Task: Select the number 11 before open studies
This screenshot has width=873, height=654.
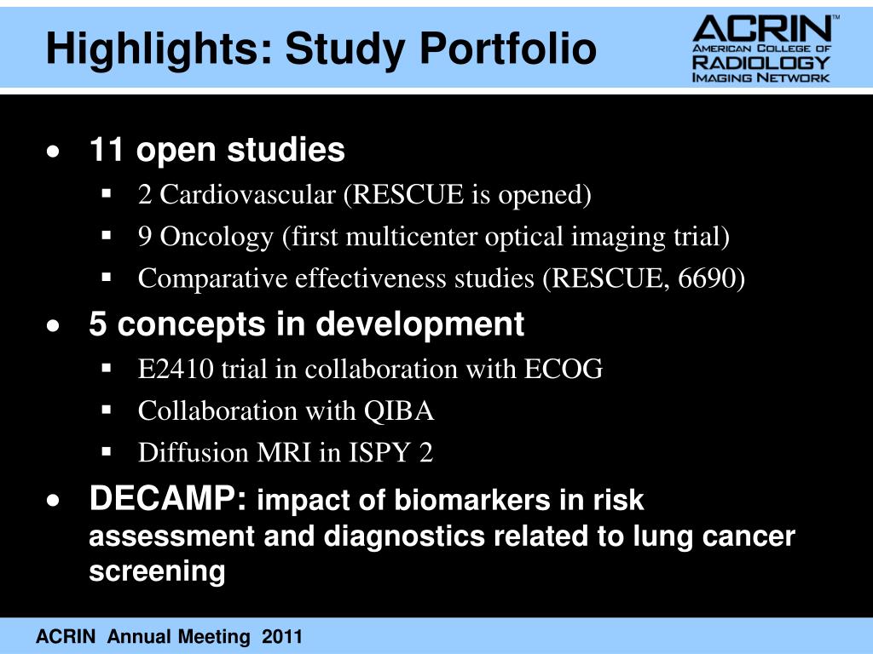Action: (107, 151)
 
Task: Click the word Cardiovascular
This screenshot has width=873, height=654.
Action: (249, 195)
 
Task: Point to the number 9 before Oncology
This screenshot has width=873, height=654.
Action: (146, 237)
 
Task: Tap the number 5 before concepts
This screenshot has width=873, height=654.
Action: (98, 324)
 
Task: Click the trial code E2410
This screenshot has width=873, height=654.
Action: (176, 369)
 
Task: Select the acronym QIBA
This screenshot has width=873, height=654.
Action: (400, 411)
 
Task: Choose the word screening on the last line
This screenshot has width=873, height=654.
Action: (157, 571)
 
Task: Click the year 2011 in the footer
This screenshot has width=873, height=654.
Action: (283, 637)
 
